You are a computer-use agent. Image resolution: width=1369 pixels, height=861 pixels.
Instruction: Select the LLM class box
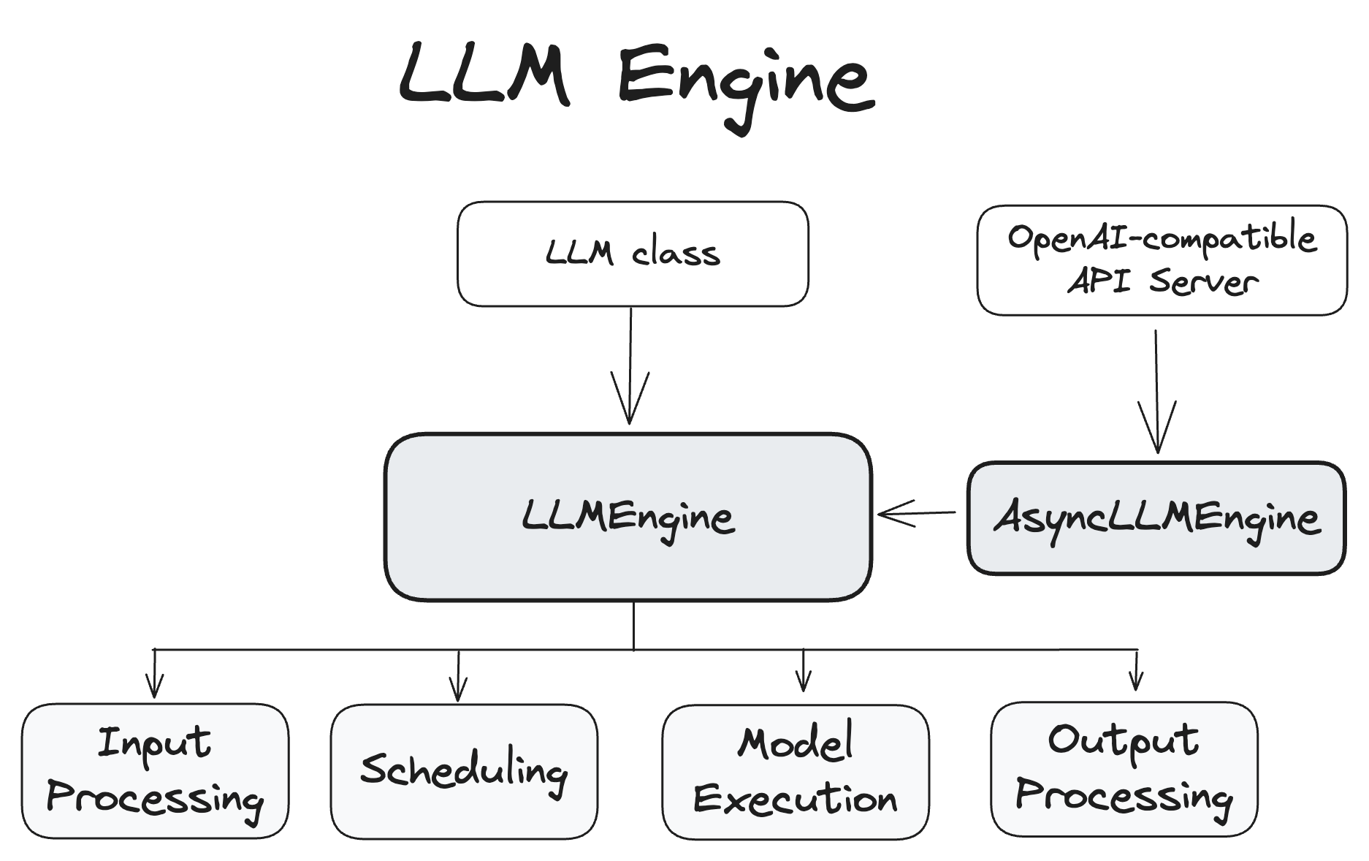point(633,254)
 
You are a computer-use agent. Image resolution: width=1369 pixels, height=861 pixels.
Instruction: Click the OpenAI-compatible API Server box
point(1162,260)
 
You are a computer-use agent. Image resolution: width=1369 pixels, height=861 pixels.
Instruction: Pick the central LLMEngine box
point(628,517)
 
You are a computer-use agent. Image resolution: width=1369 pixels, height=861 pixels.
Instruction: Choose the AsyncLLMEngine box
point(1156,518)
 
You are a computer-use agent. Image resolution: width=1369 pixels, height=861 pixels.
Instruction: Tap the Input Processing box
point(155,770)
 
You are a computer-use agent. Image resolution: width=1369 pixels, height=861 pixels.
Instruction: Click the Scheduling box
point(464,770)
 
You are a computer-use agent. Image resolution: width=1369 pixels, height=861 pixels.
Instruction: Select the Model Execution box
point(796,772)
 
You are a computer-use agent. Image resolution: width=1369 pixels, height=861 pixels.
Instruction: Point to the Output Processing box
point(1124,769)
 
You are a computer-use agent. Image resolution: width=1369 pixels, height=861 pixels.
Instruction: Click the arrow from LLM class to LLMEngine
point(630,365)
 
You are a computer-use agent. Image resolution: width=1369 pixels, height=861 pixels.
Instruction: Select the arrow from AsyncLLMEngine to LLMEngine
point(917,513)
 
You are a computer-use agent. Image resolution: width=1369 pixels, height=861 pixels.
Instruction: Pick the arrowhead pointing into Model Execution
point(804,682)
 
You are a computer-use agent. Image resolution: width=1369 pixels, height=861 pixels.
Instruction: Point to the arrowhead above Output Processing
point(1135,680)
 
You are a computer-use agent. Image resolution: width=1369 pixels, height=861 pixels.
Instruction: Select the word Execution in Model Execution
point(796,798)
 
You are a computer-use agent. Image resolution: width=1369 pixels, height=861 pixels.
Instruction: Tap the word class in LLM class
point(676,254)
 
